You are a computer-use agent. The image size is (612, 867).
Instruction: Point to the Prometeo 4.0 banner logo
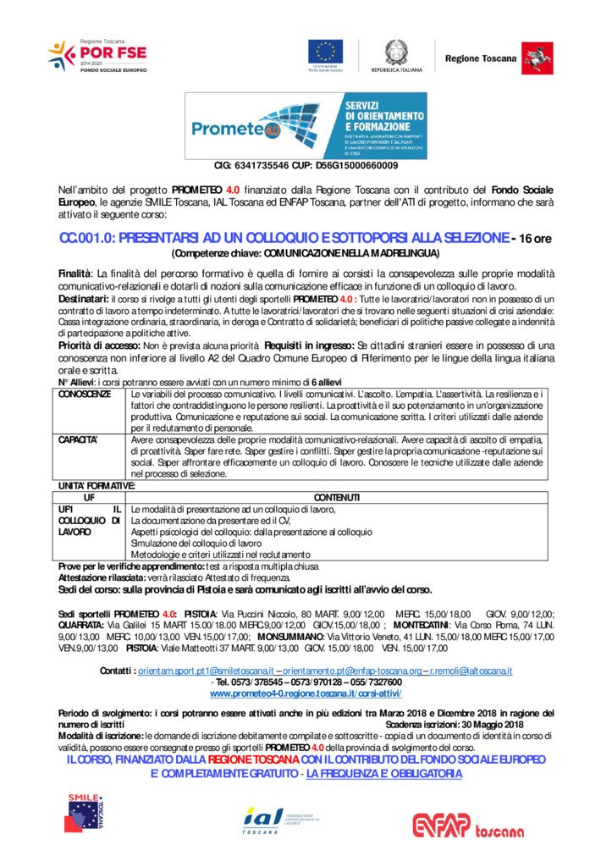306,127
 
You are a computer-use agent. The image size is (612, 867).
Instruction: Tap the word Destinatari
84,300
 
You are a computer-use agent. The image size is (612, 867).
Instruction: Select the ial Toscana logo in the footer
282,820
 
